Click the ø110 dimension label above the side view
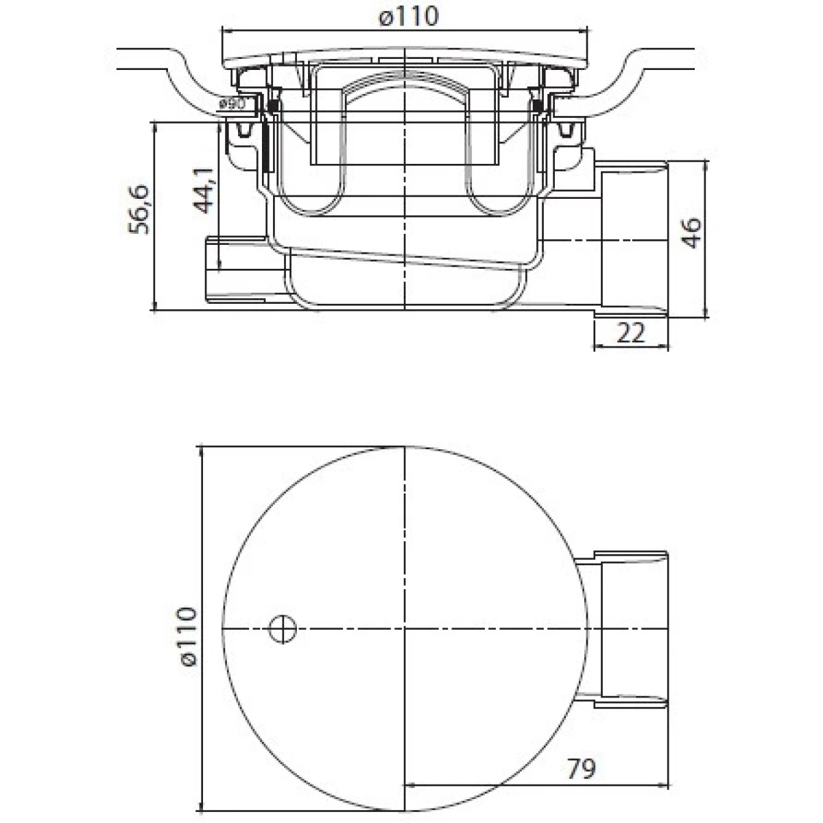(409, 16)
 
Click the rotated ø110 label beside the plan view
(189, 636)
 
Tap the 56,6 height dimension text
(139, 209)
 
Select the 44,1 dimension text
(203, 191)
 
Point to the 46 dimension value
(690, 232)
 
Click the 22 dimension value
(631, 333)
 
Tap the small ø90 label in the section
(231, 104)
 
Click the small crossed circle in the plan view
(283, 629)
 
